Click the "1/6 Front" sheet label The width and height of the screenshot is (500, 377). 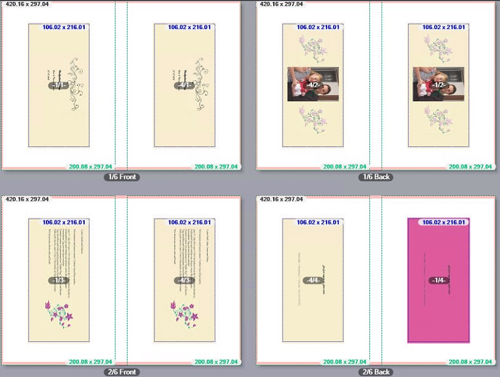[x=122, y=177]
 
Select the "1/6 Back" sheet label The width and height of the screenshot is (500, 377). [x=376, y=177]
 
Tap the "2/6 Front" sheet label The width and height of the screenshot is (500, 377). [x=122, y=372]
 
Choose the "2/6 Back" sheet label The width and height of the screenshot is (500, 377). [x=376, y=372]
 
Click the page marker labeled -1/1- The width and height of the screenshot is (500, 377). [x=59, y=85]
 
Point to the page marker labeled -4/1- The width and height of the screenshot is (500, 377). [x=185, y=85]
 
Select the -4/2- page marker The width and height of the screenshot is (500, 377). [x=313, y=85]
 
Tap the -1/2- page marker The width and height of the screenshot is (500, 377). [x=438, y=85]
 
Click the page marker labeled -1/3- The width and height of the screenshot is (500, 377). [x=59, y=280]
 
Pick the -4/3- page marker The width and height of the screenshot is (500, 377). [x=185, y=280]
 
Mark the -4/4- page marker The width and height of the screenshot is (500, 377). [x=313, y=280]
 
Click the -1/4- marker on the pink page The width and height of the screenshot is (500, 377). [x=438, y=280]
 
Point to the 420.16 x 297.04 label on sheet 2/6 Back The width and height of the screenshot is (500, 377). [x=281, y=199]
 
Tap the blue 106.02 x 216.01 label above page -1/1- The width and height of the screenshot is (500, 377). [x=64, y=28]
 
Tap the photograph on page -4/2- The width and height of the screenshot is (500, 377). [x=313, y=84]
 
